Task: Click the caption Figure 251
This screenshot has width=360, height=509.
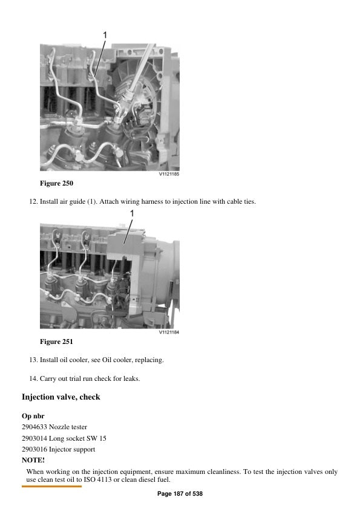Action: pyautogui.click(x=56, y=342)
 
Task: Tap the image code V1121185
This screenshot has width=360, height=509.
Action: pyautogui.click(x=169, y=175)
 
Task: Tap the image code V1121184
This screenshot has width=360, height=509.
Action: pyautogui.click(x=169, y=332)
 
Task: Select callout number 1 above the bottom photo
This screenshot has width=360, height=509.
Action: pyautogui.click(x=131, y=213)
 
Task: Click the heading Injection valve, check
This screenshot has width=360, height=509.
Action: pyautogui.click(x=61, y=397)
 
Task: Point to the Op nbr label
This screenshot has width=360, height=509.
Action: pyautogui.click(x=33, y=416)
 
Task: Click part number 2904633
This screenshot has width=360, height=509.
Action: pyautogui.click(x=34, y=427)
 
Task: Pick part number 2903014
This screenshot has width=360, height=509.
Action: pyautogui.click(x=34, y=438)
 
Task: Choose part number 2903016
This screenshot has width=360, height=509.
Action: pyautogui.click(x=34, y=449)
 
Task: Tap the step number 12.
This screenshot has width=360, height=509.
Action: pyautogui.click(x=33, y=201)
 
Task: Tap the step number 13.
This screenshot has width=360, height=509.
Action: pyautogui.click(x=33, y=360)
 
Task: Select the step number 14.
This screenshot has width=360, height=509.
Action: pyautogui.click(x=33, y=378)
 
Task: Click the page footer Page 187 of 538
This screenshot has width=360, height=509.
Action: pyautogui.click(x=180, y=494)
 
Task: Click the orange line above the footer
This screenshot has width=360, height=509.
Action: pyautogui.click(x=51, y=486)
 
